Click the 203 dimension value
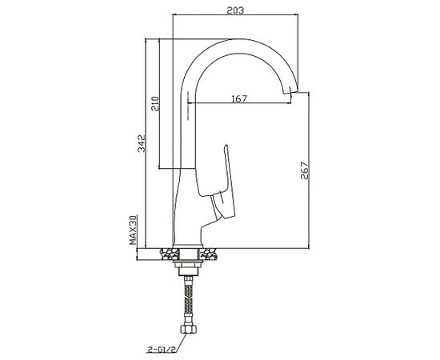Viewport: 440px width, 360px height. click(x=235, y=10)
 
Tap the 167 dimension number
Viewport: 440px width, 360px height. click(x=239, y=98)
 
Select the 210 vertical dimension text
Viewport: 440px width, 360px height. click(x=155, y=103)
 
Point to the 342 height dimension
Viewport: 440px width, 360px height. click(x=142, y=143)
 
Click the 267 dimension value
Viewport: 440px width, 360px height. click(x=304, y=170)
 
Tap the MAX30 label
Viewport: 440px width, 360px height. click(x=133, y=230)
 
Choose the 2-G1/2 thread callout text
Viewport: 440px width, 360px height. click(x=162, y=350)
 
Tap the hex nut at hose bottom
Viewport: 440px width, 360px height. click(x=188, y=329)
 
